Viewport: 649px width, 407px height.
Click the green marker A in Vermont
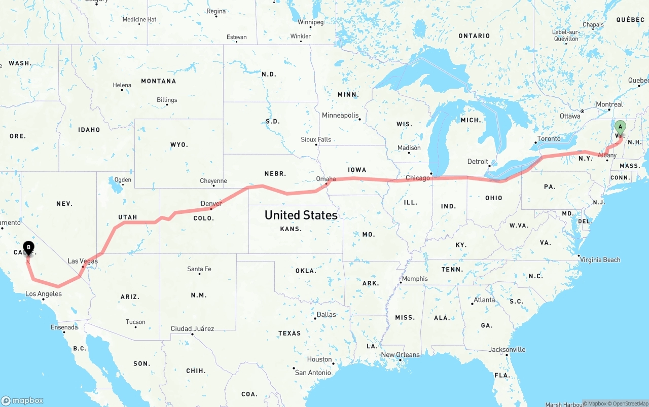tap(620, 127)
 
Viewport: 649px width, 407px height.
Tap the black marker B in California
tap(29, 248)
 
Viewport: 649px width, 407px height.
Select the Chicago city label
tap(418, 178)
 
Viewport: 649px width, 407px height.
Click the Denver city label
tap(211, 204)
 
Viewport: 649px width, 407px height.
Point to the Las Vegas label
tap(83, 261)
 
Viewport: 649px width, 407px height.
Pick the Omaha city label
tap(326, 179)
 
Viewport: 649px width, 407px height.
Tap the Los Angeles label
tap(44, 294)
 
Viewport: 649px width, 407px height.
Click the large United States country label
tap(301, 215)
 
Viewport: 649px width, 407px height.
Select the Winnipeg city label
tap(310, 22)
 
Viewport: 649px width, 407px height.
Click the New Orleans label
tap(400, 355)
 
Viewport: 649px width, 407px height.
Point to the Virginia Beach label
tap(600, 260)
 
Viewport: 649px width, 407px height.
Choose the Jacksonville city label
tap(507, 350)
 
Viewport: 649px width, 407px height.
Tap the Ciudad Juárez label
tap(192, 329)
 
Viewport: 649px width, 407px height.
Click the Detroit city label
tap(478, 162)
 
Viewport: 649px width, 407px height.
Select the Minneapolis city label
tap(340, 116)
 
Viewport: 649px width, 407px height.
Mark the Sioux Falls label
tap(316, 139)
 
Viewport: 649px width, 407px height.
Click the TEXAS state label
tap(290, 334)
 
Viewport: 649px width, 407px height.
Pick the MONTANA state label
tap(158, 81)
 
